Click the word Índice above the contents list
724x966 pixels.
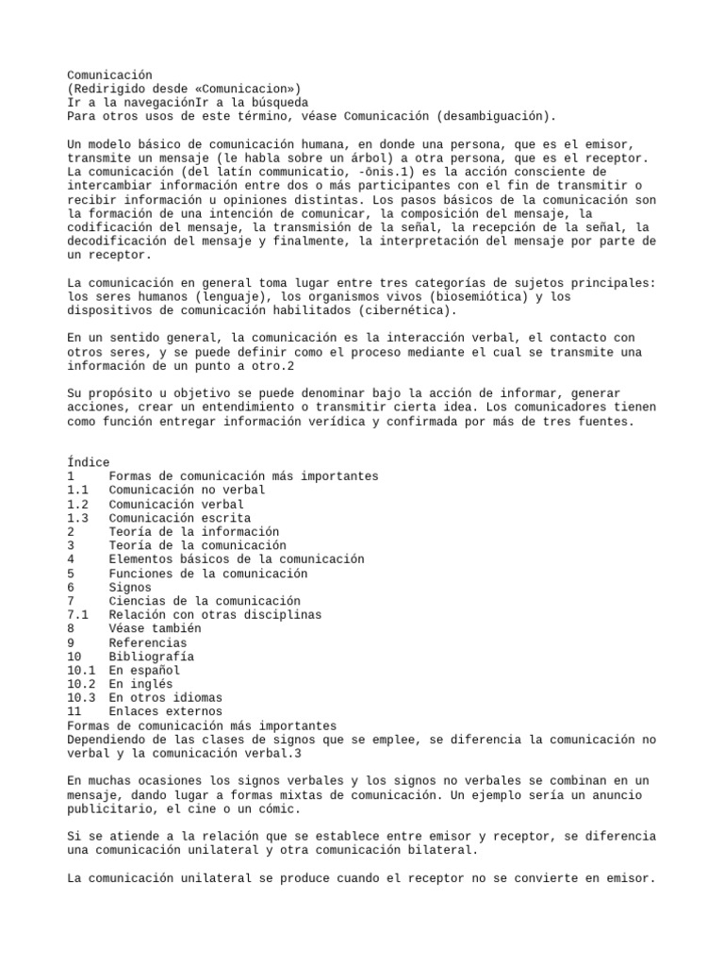89,462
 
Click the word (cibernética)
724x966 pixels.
406,309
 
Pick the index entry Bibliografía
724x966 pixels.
152,656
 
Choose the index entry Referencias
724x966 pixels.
148,642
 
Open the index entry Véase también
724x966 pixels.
155,628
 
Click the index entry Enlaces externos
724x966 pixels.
165,711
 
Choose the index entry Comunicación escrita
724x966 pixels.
179,518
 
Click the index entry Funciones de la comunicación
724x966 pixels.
207,574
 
